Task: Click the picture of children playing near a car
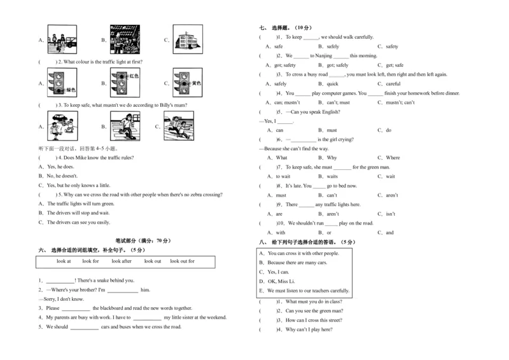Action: tap(61, 125)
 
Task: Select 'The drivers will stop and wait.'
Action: tap(78, 213)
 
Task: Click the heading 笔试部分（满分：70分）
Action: tap(143, 241)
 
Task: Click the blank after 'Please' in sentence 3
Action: tap(76, 308)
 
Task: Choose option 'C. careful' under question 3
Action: tap(389, 83)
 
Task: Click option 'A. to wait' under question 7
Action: tap(279, 176)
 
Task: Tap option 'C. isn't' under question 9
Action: tap(387, 214)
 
